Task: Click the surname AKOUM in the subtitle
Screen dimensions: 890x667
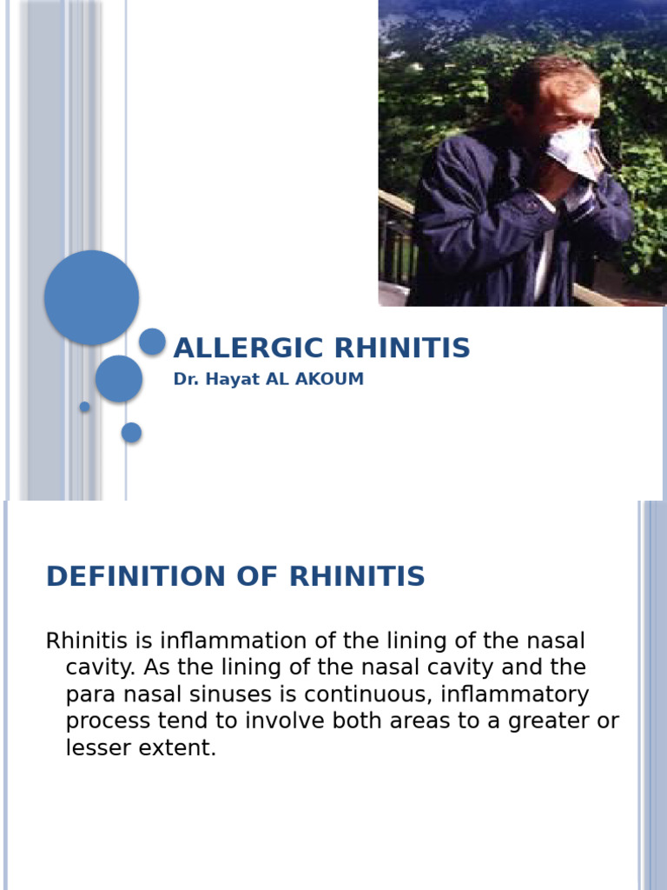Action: [329, 380]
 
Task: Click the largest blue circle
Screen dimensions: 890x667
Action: [91, 297]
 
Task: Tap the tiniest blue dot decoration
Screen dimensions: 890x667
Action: [84, 407]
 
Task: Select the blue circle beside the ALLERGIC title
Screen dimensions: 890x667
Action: [152, 342]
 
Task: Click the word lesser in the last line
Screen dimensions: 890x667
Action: [98, 748]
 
